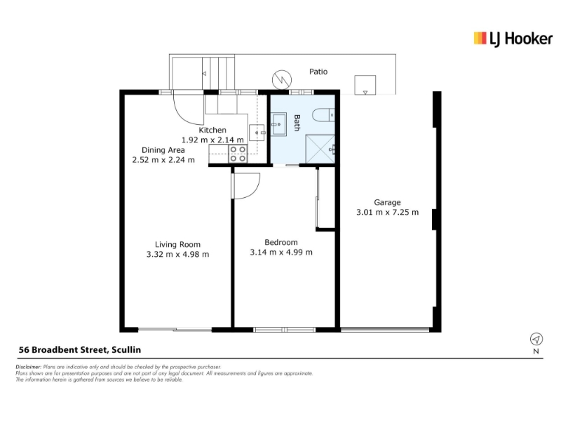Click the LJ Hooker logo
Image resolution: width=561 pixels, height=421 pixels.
coord(513,39)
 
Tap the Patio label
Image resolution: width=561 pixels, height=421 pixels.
coord(318,72)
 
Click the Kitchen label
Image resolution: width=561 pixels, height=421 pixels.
coord(212,130)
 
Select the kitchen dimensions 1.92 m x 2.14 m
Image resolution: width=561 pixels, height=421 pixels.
coord(212,140)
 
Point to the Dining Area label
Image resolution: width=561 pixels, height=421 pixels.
coord(163,150)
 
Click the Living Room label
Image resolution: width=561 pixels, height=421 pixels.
coord(177,244)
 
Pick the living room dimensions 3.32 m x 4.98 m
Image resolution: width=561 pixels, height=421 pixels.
coord(177,254)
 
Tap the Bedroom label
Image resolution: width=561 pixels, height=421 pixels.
coord(281,242)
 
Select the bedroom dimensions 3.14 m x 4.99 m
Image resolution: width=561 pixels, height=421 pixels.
coord(281,252)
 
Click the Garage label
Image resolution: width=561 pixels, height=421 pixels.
coord(387,203)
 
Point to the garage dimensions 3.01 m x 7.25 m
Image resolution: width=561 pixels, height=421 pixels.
coord(387,213)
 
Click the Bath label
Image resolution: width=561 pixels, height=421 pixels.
coord(297,123)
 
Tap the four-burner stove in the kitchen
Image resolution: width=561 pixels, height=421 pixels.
coord(238,154)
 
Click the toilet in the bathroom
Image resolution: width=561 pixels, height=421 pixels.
coord(323,115)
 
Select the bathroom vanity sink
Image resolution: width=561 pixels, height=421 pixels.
coord(278,124)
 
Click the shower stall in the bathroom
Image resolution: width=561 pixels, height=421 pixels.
coord(320,149)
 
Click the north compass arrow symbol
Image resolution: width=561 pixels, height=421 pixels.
coord(536,339)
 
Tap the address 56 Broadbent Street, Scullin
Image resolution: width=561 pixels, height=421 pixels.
coord(80,349)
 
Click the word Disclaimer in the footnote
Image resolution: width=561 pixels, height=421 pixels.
coord(29,367)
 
